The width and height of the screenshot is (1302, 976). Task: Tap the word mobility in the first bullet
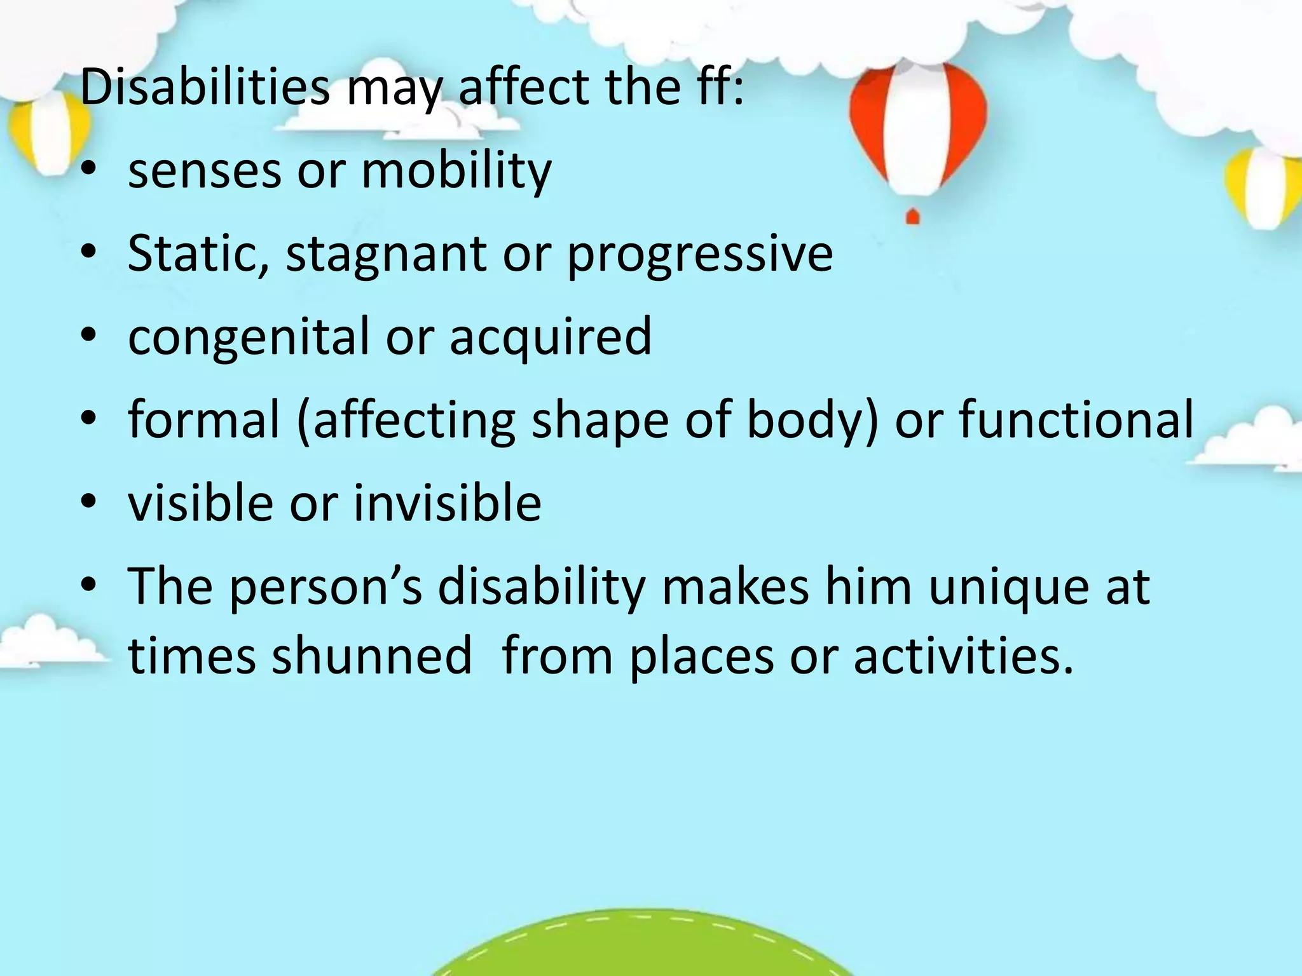tap(456, 171)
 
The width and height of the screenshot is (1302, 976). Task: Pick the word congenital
tap(249, 337)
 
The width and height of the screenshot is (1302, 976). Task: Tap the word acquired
tap(551, 337)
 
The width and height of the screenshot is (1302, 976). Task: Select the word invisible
tap(448, 502)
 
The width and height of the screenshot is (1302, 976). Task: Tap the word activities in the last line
tap(963, 655)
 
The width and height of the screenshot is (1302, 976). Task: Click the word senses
tap(204, 172)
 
